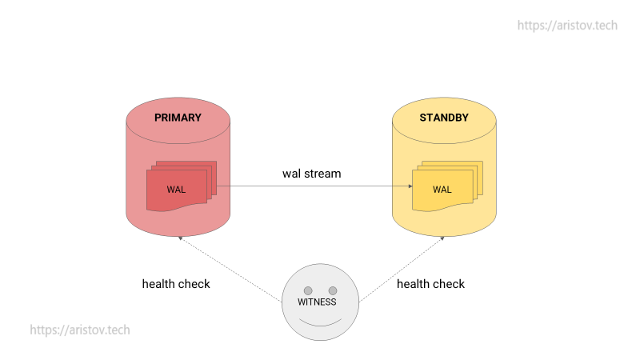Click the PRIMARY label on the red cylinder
pyautogui.click(x=178, y=118)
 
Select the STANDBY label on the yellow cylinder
pyautogui.click(x=444, y=118)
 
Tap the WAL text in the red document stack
pyautogui.click(x=176, y=190)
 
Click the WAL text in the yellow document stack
pyautogui.click(x=442, y=190)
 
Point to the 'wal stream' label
pyautogui.click(x=311, y=174)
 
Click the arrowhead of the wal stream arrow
pyautogui.click(x=410, y=186)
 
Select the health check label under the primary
pyautogui.click(x=176, y=284)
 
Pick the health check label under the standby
pyautogui.click(x=430, y=284)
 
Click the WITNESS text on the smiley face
pyautogui.click(x=317, y=302)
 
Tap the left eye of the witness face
pyautogui.click(x=308, y=290)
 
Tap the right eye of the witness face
pyautogui.click(x=333, y=290)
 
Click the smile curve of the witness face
pyautogui.click(x=321, y=326)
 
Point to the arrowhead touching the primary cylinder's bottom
pyautogui.click(x=181, y=238)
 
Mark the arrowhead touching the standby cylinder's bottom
pyautogui.click(x=442, y=238)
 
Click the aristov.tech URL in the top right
pyautogui.click(x=567, y=26)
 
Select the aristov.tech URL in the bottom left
pyautogui.click(x=80, y=330)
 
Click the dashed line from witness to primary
pyautogui.click(x=230, y=270)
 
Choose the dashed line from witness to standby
pyautogui.click(x=402, y=270)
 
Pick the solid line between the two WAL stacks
pyautogui.click(x=314, y=186)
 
